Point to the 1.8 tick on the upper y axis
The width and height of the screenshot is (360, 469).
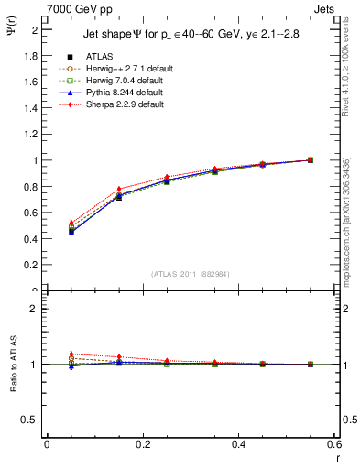coord(33,55)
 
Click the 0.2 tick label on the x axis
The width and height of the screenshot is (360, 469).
coord(142,445)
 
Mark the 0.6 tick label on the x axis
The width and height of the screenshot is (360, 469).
coord(333,445)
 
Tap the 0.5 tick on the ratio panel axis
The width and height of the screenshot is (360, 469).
coord(33,420)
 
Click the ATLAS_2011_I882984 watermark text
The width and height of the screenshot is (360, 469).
coord(191,272)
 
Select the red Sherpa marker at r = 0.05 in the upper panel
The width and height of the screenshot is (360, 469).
coord(47,223)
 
